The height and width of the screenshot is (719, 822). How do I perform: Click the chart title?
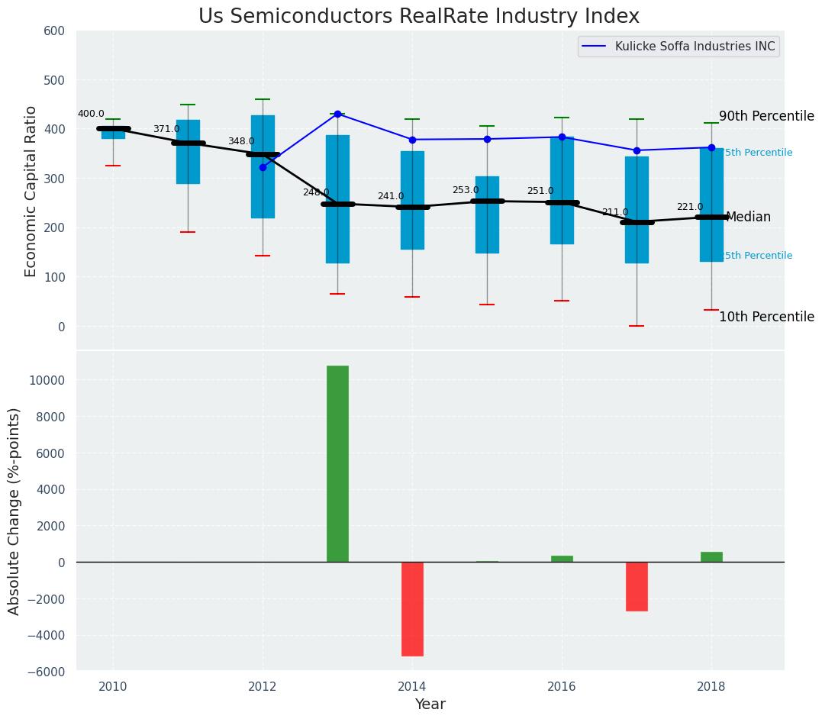click(x=419, y=17)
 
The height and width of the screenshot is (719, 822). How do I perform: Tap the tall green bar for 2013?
click(x=337, y=463)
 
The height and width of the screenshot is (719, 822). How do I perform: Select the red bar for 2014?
click(x=412, y=608)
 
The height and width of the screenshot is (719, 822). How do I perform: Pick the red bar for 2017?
click(x=637, y=586)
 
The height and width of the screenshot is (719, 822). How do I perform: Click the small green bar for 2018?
click(x=711, y=557)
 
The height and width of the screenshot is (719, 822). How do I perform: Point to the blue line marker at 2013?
click(x=337, y=114)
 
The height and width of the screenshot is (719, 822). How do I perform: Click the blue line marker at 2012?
click(x=263, y=167)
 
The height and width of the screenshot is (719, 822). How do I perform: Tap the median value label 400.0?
click(x=91, y=114)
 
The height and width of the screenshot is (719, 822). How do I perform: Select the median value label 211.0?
click(x=615, y=213)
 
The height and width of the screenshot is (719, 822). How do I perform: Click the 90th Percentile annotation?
click(x=766, y=116)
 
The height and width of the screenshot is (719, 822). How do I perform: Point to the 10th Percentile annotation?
click(x=766, y=317)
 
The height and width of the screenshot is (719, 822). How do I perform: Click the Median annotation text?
click(x=748, y=218)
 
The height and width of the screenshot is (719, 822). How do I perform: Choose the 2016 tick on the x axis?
click(x=562, y=685)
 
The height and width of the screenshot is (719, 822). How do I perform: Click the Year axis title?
click(x=430, y=704)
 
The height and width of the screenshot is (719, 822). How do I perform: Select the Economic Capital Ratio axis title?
click(x=31, y=191)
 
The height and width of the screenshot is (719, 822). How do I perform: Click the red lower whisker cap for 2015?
click(x=487, y=305)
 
